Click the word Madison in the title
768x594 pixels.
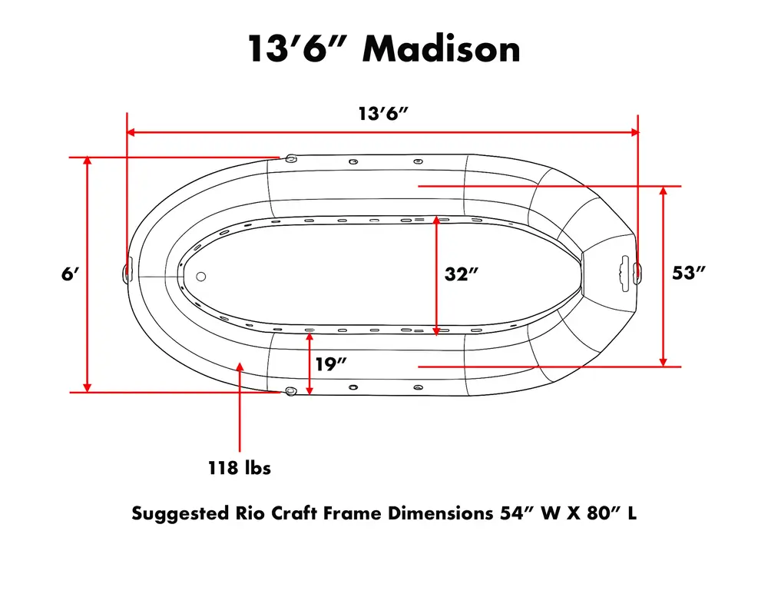tap(441, 49)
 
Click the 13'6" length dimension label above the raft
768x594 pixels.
tap(383, 114)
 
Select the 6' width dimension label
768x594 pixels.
tap(70, 274)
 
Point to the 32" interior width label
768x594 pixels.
tap(461, 274)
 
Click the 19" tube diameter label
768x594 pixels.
tap(330, 364)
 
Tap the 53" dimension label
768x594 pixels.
tap(688, 273)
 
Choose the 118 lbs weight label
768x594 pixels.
tap(240, 468)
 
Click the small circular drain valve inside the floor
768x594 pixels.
tap(200, 277)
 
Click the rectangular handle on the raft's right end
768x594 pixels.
tap(624, 274)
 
